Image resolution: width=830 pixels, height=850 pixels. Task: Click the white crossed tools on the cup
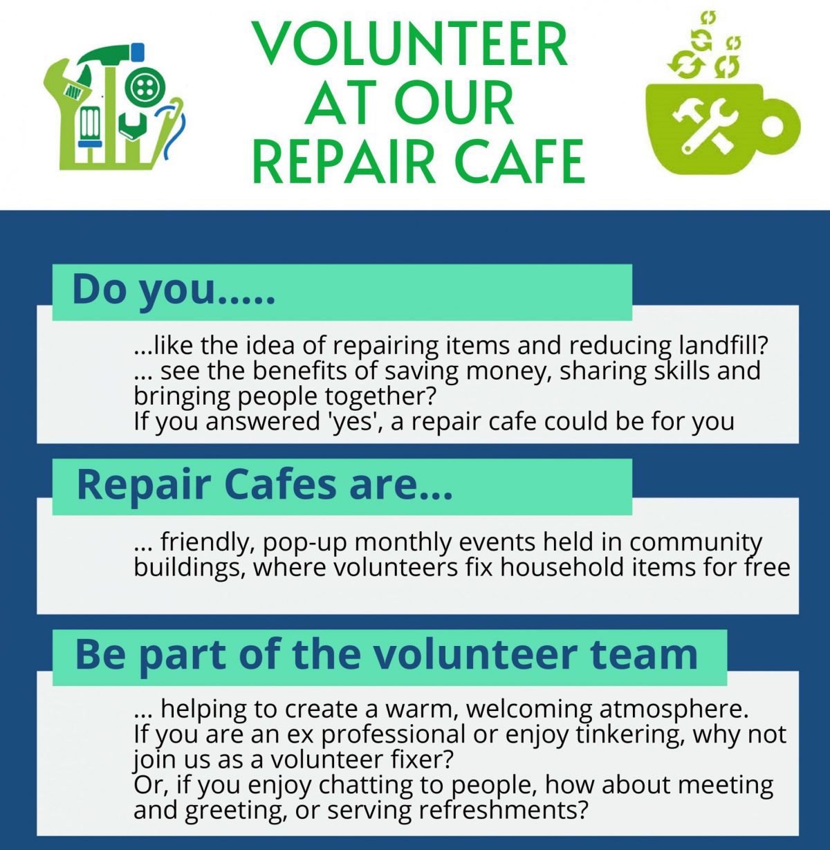[703, 125]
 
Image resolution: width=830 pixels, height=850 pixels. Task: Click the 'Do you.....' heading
[174, 290]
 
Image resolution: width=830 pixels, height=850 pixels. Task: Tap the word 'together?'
[380, 396]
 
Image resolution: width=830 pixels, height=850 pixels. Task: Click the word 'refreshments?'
[504, 811]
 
